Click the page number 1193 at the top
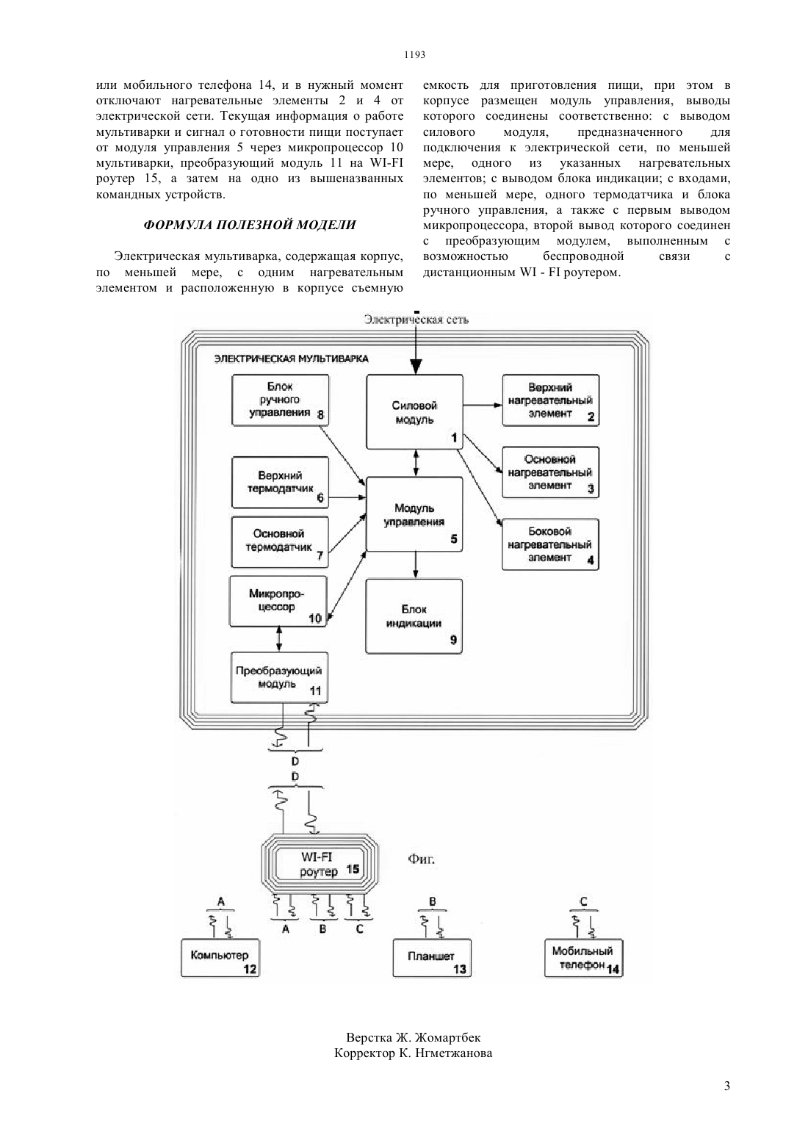coord(414,55)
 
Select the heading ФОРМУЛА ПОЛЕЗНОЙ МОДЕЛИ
coord(250,225)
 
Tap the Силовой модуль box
coord(415,412)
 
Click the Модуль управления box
coord(414,514)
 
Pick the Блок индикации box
coord(414,616)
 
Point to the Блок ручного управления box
coord(280,400)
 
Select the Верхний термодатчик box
coord(280,482)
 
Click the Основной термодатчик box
coord(280,542)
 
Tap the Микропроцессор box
coord(278,601)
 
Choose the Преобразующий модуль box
coord(279,677)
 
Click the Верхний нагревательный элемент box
coord(551,400)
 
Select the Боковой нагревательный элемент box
coord(550,544)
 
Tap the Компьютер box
coord(220,959)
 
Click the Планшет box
coord(432,959)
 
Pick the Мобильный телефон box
coord(584,959)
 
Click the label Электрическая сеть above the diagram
coord(416,320)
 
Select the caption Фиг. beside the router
coord(421,859)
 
